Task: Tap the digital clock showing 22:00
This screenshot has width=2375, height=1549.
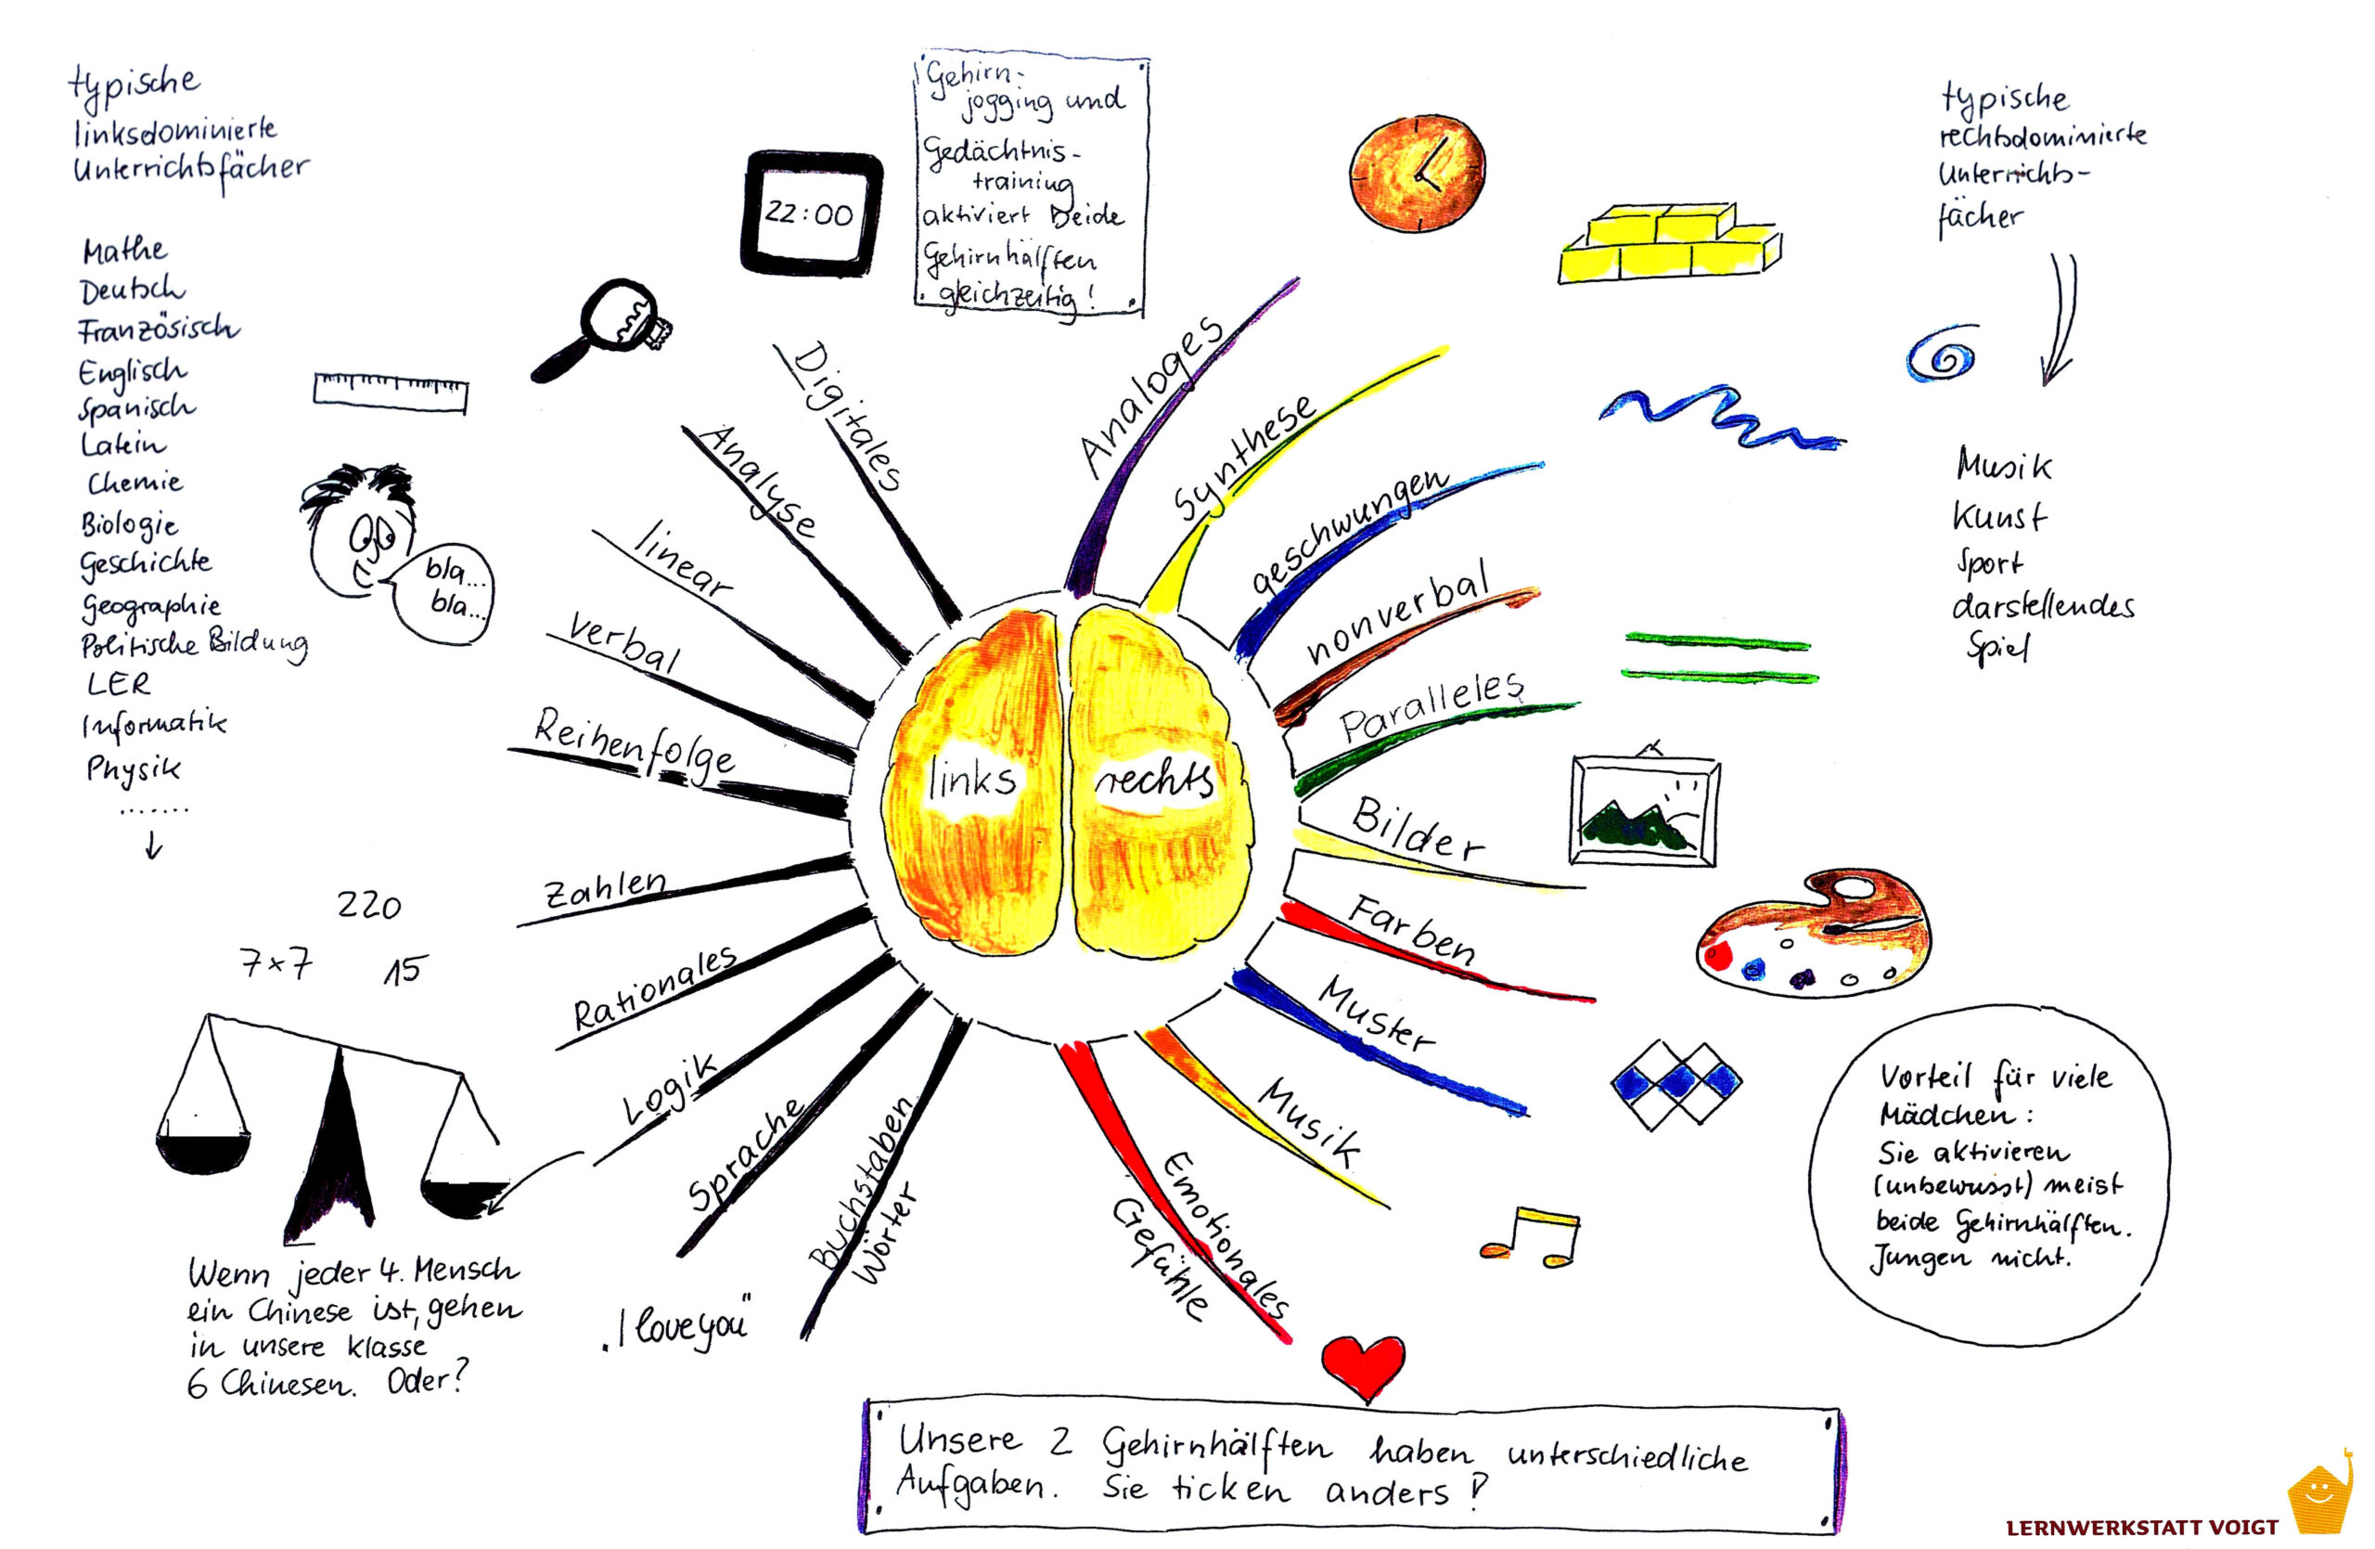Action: [811, 213]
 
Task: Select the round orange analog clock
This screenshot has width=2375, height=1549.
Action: [1417, 174]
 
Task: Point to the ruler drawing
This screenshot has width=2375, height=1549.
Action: [391, 393]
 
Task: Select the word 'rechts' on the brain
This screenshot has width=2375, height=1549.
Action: [1155, 780]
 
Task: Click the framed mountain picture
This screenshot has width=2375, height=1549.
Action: [1644, 809]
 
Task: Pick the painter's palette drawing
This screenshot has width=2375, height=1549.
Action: [1813, 933]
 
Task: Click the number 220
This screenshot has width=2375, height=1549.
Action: [368, 905]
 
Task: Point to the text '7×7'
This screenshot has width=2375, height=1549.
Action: [276, 964]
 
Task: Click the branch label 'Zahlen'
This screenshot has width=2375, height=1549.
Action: [605, 887]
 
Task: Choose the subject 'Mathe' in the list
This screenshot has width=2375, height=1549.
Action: [124, 250]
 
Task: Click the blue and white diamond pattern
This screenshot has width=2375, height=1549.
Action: [1676, 1085]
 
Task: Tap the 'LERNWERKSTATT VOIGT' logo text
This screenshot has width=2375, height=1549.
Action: [2142, 1527]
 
